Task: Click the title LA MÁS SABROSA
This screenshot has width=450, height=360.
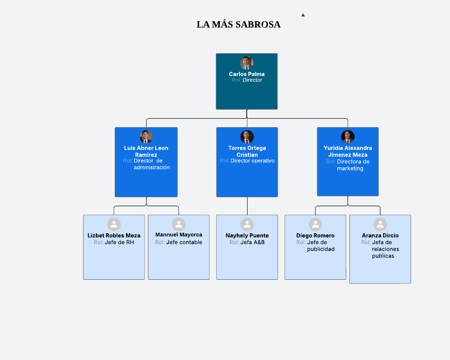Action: (239, 24)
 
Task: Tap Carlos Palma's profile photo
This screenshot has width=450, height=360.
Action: (247, 63)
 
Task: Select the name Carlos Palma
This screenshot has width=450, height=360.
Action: (247, 74)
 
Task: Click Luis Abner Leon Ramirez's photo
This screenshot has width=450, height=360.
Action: (146, 137)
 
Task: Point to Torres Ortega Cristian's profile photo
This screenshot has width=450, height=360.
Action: (247, 137)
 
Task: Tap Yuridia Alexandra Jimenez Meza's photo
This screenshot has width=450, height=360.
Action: (348, 137)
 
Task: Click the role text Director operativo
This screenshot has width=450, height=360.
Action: (252, 161)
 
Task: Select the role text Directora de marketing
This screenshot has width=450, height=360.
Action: (353, 165)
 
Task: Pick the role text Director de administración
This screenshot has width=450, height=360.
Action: (151, 164)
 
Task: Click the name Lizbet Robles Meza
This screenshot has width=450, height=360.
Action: (114, 235)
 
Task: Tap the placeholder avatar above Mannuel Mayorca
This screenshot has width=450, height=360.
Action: (179, 224)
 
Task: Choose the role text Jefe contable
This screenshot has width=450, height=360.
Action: (184, 242)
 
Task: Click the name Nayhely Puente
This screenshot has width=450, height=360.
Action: (247, 235)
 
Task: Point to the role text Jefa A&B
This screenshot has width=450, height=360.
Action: (252, 242)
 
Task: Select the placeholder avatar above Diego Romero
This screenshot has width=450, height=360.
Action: (315, 224)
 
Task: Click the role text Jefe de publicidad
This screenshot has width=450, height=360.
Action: (321, 246)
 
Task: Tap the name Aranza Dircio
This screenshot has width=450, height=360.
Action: (380, 235)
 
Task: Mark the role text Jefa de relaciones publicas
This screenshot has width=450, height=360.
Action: (386, 249)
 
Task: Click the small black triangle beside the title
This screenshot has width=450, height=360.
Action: (303, 15)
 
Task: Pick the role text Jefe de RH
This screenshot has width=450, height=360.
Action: (119, 242)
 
